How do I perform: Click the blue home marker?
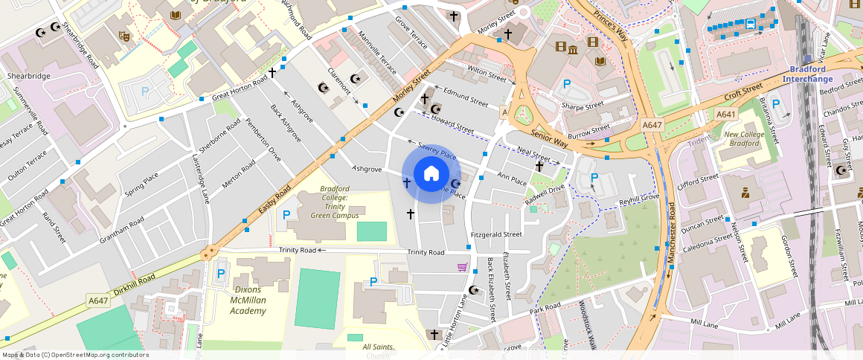coord(431,175)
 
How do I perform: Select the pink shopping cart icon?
coord(463,267)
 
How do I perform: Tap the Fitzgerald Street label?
coord(496,234)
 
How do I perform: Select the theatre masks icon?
coord(123,35)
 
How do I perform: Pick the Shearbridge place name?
coord(29,77)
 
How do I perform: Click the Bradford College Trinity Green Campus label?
coord(335,202)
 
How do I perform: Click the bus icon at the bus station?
coord(751,24)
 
